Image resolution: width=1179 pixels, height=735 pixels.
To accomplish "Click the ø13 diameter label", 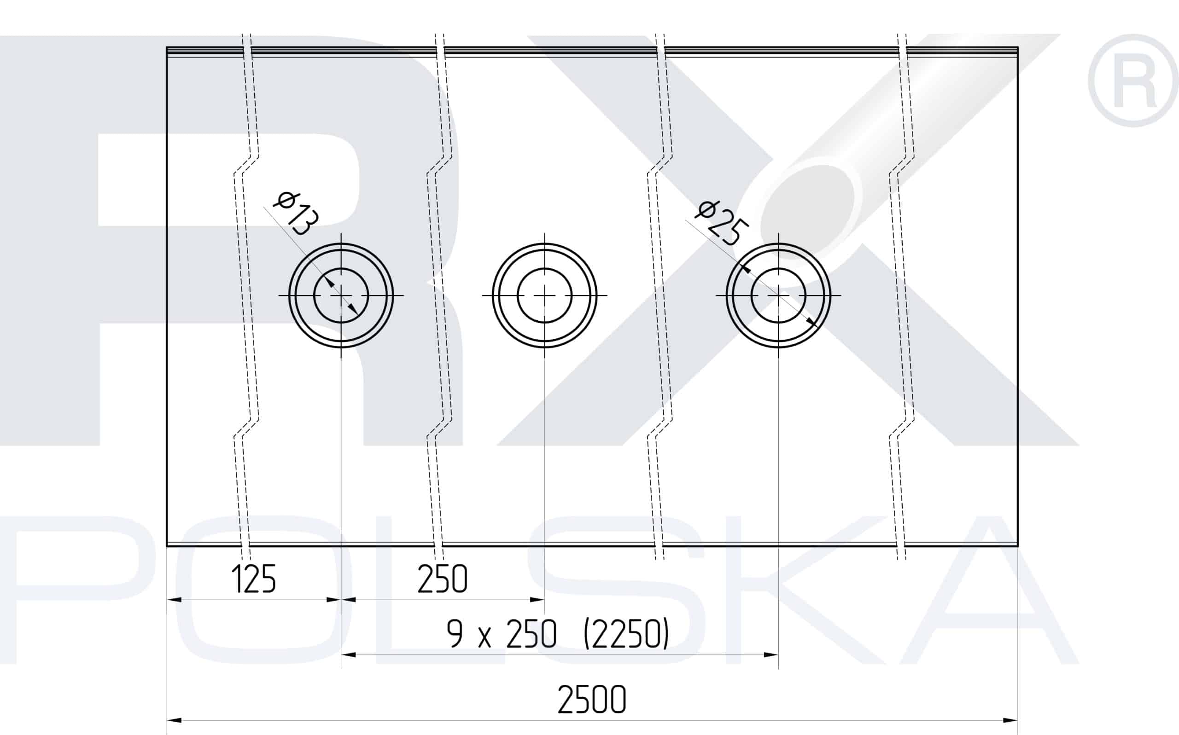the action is tap(296, 214).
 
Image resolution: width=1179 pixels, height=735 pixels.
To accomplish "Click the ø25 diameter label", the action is tap(720, 224).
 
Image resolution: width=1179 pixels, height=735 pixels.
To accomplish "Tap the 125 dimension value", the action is tap(253, 579).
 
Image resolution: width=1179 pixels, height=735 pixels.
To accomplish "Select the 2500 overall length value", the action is tap(591, 700).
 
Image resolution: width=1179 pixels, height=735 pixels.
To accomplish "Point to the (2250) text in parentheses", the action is tap(626, 634).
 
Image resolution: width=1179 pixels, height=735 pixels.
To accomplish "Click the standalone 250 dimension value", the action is tap(442, 579).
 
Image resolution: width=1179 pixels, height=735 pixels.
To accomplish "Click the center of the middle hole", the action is tap(545, 295).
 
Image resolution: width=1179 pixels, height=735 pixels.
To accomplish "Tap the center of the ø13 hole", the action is tap(341, 295).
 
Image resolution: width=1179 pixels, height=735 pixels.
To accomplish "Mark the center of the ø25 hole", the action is tap(778, 295).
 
